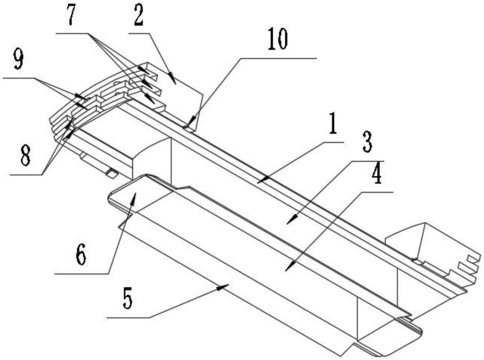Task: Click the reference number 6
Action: [x=80, y=254]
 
